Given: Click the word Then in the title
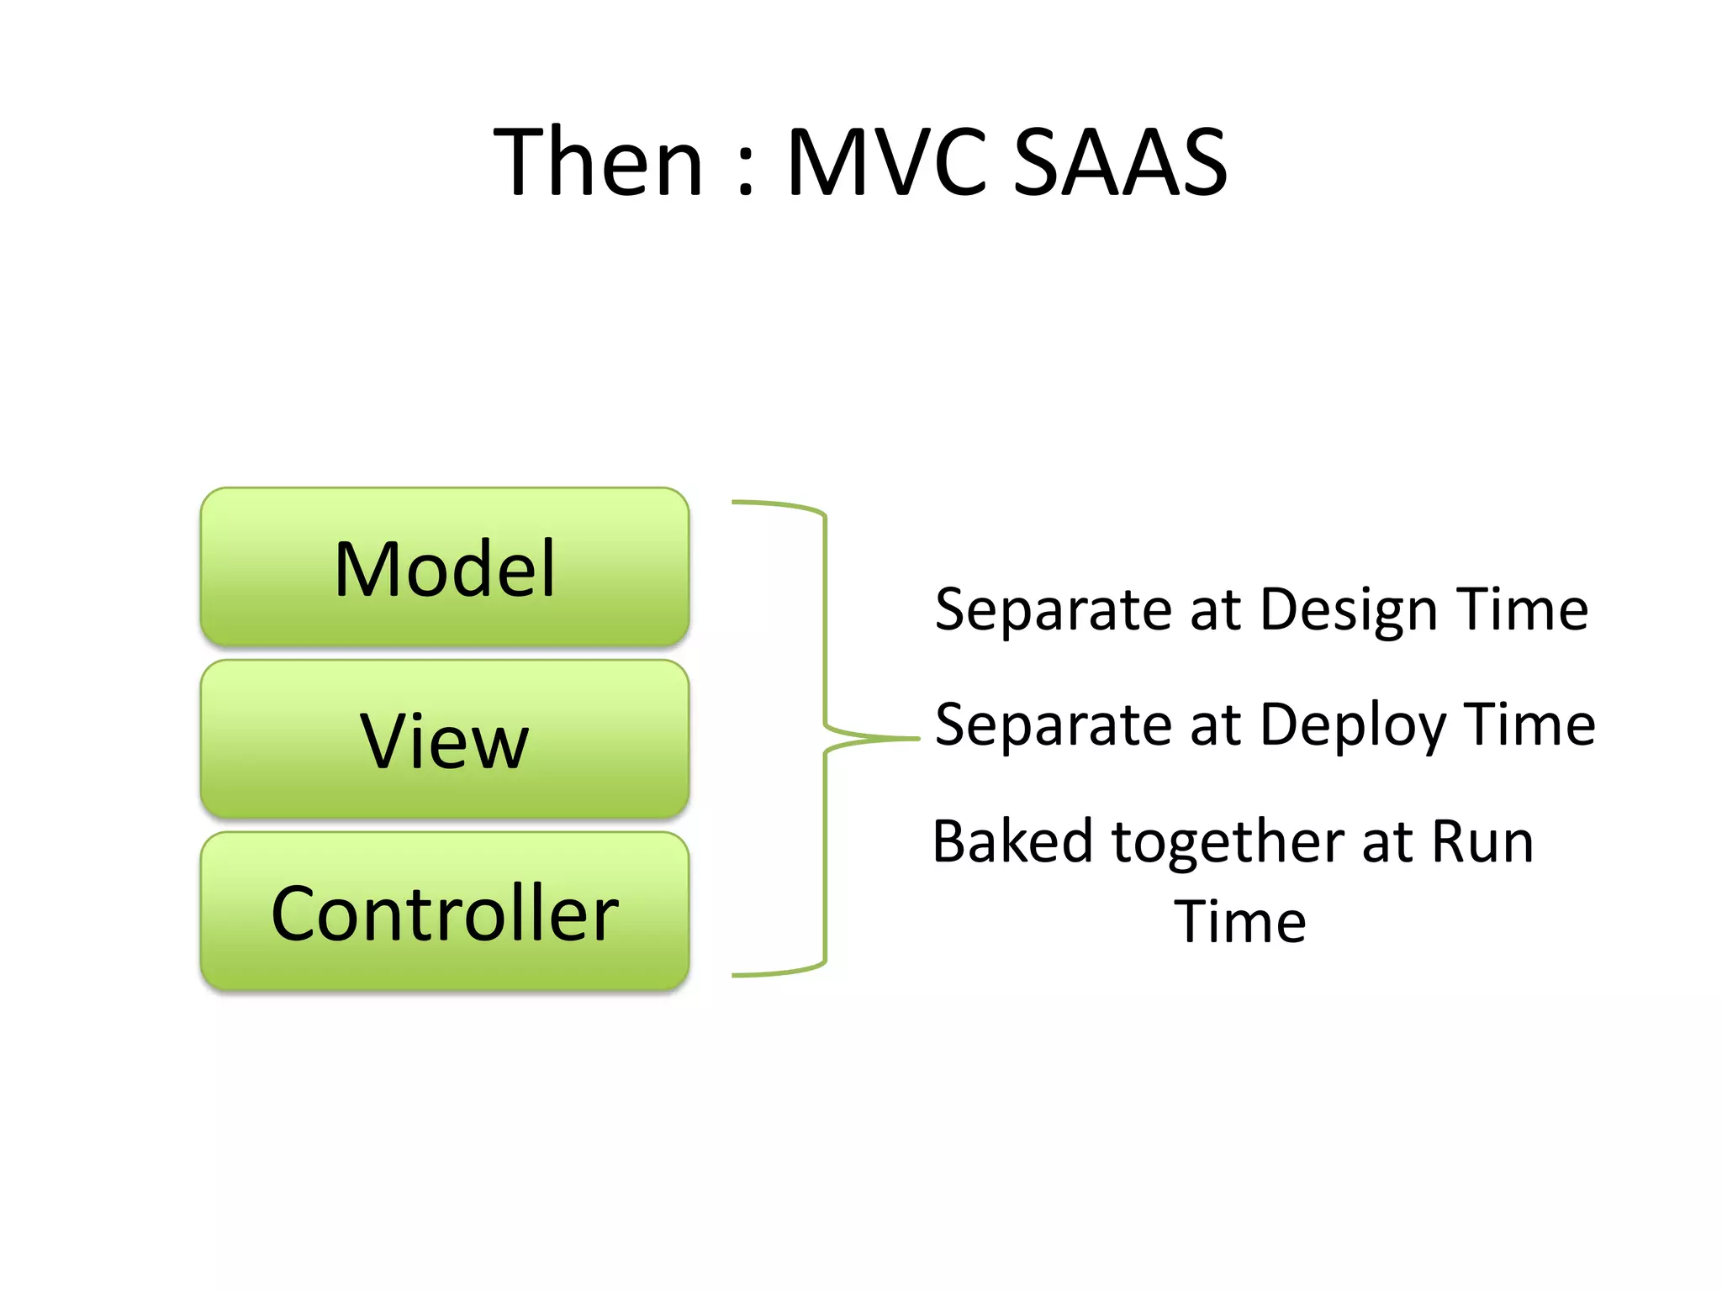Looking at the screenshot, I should click(598, 162).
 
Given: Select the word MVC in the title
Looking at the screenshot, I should click(887, 162).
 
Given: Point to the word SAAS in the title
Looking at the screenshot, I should click(1120, 162).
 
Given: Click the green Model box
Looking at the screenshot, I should click(445, 567).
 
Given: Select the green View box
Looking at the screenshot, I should click(445, 740).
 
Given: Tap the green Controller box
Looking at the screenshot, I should click(445, 912).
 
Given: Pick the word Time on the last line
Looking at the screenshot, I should click(1240, 922).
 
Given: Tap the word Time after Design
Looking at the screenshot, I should click(1523, 609).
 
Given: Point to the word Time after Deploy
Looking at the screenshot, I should click(1529, 725).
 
